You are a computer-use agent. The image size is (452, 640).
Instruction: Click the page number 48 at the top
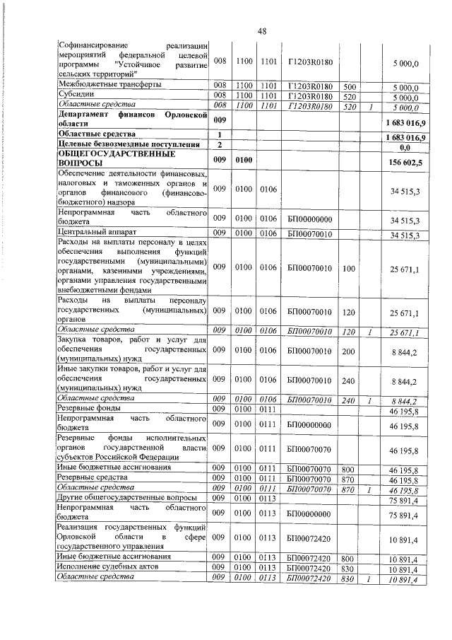point(261,32)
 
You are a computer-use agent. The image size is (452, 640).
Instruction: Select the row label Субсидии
point(73,95)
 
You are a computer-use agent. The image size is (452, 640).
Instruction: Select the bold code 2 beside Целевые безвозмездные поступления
point(220,144)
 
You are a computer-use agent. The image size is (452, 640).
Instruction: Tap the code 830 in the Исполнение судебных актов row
point(349,569)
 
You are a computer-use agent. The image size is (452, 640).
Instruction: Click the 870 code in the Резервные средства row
point(349,479)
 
